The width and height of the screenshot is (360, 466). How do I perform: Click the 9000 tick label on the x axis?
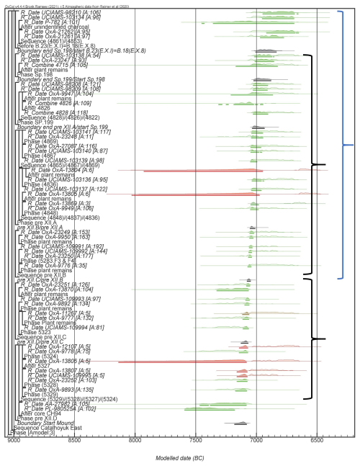(x=9, y=440)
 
